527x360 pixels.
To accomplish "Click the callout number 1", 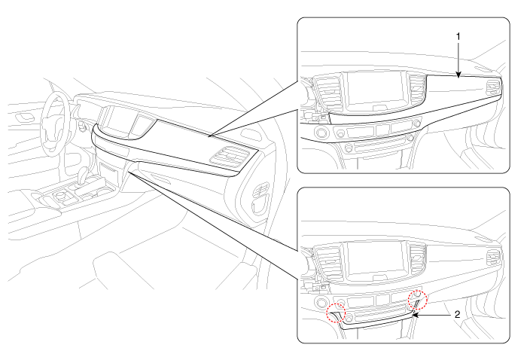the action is pos(458,37).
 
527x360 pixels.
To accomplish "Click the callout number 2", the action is pos(458,315).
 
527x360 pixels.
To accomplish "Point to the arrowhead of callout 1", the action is pos(458,75).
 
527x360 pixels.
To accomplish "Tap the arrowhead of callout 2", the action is pos(415,315).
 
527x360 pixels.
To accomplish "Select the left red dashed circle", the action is pos(337,313).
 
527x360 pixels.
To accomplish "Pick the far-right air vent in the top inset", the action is pos(493,87).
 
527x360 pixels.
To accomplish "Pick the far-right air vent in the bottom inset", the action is pos(493,257).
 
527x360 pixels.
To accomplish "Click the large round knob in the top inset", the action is pos(321,132).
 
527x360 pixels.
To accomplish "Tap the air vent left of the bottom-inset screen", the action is pos(327,262).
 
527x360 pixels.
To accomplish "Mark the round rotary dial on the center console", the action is pos(61,194).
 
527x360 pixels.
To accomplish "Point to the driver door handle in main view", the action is pos(25,117).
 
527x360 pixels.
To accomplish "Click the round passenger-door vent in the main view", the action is pos(261,190).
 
